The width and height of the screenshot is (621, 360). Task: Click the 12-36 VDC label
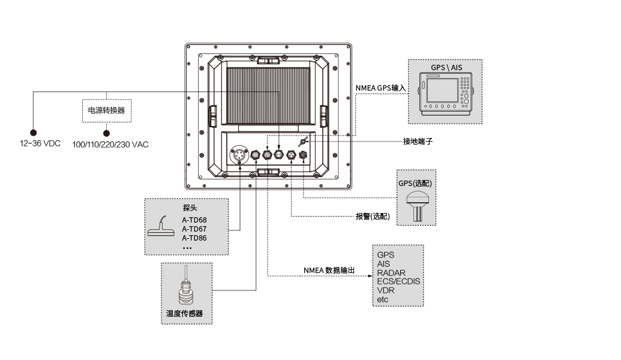(40, 143)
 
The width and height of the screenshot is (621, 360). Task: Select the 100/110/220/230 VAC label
(110, 145)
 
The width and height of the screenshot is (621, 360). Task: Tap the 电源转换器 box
(107, 110)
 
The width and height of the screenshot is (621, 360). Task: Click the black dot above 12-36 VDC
(33, 133)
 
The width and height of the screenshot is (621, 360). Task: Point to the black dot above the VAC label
(107, 133)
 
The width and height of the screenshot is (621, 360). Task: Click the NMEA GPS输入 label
(380, 88)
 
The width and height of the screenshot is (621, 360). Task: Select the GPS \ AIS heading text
(446, 67)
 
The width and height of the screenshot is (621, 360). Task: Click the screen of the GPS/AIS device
(442, 90)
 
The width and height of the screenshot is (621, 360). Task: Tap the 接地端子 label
(418, 142)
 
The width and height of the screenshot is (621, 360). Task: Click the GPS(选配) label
(415, 184)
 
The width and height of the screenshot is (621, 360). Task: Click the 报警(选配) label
(373, 216)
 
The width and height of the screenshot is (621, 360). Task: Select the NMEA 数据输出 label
(329, 270)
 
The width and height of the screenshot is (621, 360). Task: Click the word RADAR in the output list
(391, 273)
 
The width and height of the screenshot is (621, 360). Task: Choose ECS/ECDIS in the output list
(398, 281)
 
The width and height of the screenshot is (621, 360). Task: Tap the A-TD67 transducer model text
(194, 229)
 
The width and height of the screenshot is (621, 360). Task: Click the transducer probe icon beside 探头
(161, 227)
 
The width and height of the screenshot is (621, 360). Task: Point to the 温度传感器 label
(185, 314)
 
